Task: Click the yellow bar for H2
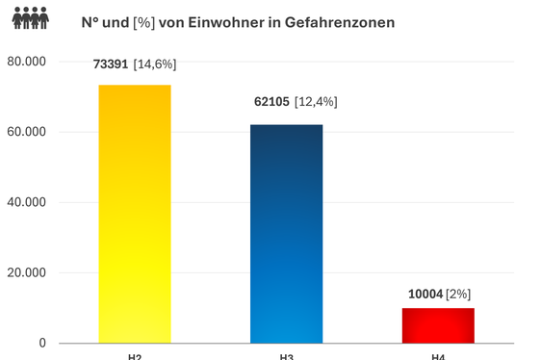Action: [135, 214]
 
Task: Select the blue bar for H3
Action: [286, 234]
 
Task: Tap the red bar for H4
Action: [438, 325]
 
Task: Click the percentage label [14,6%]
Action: [155, 64]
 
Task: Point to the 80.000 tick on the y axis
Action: [26, 62]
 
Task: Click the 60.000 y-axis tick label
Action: [26, 132]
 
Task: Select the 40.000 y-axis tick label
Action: [26, 202]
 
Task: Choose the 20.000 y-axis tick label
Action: [26, 272]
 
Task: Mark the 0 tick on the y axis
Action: [41, 343]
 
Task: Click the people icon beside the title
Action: [35, 19]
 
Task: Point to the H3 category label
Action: [286, 357]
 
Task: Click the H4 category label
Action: [438, 357]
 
